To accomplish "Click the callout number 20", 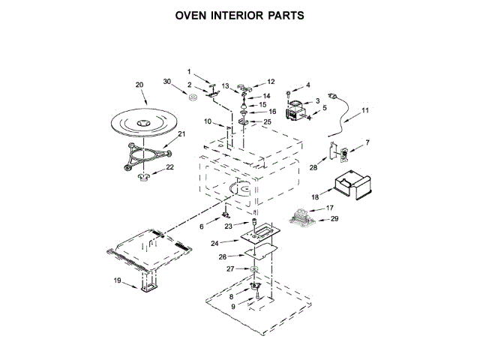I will (139, 85).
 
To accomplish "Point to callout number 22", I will (170, 166).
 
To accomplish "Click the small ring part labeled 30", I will (192, 96).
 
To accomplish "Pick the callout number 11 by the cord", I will (365, 110).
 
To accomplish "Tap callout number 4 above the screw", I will (307, 85).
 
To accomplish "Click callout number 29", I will (335, 218).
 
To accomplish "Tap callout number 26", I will (221, 256).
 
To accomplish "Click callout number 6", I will (201, 225).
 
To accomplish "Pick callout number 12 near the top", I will (271, 82).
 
